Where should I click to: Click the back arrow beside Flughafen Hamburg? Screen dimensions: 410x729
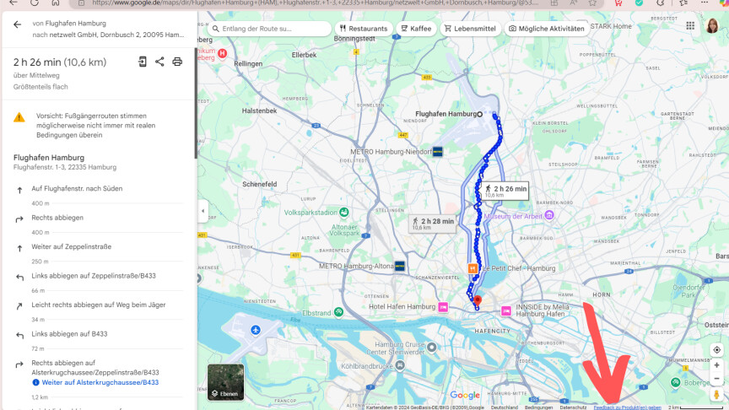tap(17, 24)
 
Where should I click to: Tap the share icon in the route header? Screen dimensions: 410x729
tap(159, 62)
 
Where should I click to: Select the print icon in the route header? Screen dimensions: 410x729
tap(177, 62)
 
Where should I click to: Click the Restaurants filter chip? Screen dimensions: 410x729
tap(364, 29)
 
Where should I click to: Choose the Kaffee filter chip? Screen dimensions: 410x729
tap(416, 29)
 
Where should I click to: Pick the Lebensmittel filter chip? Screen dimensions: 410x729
tap(470, 29)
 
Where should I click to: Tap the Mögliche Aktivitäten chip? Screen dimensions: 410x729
tap(546, 29)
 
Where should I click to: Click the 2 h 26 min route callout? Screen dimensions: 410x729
tap(505, 191)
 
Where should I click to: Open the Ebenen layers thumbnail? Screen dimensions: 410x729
tap(225, 381)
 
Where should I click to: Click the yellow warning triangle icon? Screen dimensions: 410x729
tap(19, 117)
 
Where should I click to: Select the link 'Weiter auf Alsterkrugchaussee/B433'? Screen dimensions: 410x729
tap(100, 382)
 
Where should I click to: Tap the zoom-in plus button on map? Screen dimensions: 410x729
tap(717, 365)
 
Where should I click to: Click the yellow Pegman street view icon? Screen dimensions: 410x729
tap(717, 394)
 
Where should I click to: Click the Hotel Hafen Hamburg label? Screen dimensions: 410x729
tap(402, 306)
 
